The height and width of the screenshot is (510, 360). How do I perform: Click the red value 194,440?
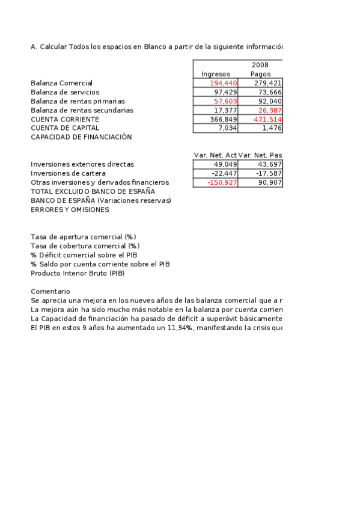tap(224, 83)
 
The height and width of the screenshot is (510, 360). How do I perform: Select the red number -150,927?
tap(222, 182)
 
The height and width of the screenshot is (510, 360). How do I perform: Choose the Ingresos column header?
tap(215, 74)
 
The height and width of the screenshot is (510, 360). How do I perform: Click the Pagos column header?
tap(260, 74)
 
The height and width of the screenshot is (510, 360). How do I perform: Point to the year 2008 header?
tap(260, 65)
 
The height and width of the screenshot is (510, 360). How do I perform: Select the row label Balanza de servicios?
tap(65, 92)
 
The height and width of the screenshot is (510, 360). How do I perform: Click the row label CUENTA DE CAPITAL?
tap(65, 128)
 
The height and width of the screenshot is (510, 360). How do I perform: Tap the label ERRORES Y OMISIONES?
tap(70, 210)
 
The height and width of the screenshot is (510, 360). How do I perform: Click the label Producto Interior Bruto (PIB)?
tap(78, 273)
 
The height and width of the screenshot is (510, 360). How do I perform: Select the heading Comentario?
tap(50, 291)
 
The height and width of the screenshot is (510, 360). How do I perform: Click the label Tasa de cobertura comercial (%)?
tap(85, 246)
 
